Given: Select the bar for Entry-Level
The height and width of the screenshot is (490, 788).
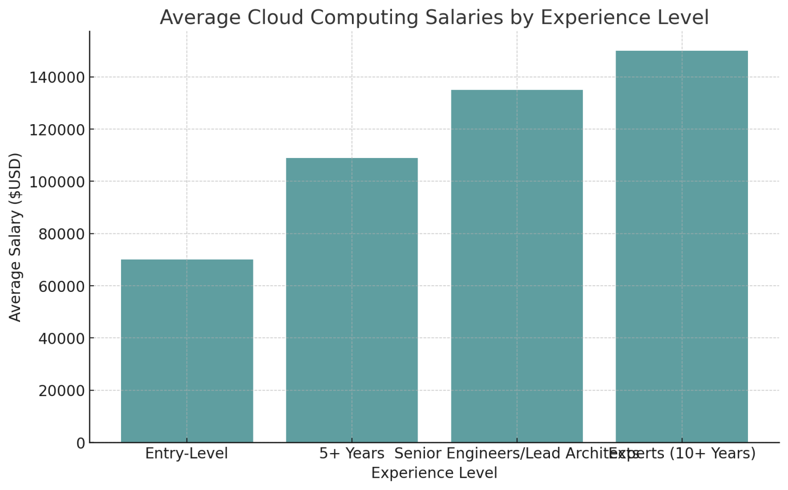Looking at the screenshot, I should tap(187, 351).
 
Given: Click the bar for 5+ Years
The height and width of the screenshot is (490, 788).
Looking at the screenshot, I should tap(351, 300).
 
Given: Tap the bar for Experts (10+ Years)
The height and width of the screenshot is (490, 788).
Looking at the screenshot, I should tap(681, 246).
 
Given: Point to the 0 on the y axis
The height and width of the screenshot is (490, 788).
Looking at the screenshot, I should tap(81, 443).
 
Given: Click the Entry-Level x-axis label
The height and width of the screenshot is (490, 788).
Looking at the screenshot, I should tap(187, 454).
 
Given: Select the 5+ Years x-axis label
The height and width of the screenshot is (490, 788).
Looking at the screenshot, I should tap(351, 454).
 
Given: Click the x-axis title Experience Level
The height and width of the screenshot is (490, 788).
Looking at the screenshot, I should tap(434, 473).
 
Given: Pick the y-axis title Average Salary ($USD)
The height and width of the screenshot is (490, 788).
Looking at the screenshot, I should tap(15, 237).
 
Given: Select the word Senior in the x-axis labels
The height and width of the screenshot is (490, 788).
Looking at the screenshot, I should tap(418, 454).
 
